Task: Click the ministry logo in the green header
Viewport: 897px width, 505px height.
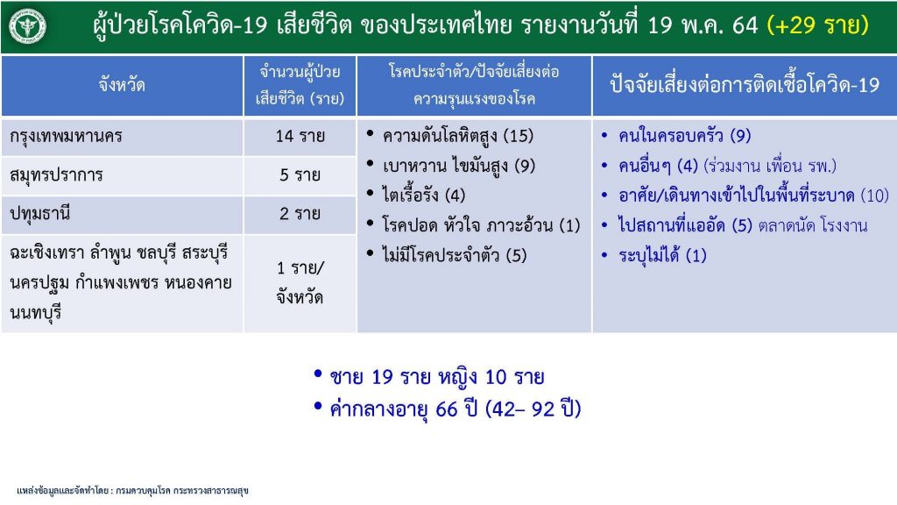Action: pyautogui.click(x=27, y=26)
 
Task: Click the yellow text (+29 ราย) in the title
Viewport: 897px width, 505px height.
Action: pyautogui.click(x=818, y=25)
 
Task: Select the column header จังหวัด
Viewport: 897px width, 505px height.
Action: pyautogui.click(x=122, y=85)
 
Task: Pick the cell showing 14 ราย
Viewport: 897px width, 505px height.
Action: pyautogui.click(x=300, y=136)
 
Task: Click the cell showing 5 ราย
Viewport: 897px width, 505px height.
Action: pyautogui.click(x=300, y=175)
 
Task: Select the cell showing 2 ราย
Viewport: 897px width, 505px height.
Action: pyautogui.click(x=300, y=214)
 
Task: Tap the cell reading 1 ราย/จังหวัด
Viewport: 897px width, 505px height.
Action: pyautogui.click(x=300, y=283)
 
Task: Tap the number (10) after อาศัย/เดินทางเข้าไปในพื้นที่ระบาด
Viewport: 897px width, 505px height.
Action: pyautogui.click(x=875, y=196)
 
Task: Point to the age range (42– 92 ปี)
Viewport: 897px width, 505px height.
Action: pyautogui.click(x=533, y=409)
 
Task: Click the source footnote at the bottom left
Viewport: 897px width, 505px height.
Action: pyautogui.click(x=133, y=491)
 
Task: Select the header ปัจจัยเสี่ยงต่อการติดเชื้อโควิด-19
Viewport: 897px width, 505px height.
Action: pyautogui.click(x=745, y=85)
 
